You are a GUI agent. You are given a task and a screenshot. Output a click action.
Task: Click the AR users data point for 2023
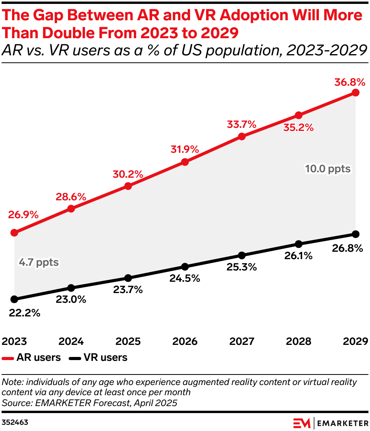[14, 233]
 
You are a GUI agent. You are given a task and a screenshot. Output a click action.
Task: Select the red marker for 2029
[355, 92]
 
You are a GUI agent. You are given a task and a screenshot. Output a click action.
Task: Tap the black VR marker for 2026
[185, 267]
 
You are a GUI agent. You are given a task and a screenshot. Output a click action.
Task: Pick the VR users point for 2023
[14, 299]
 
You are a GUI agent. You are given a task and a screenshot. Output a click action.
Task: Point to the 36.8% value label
[350, 83]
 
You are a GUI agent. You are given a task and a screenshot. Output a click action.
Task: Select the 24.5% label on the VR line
[185, 278]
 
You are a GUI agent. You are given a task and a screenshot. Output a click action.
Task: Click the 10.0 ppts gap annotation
[328, 169]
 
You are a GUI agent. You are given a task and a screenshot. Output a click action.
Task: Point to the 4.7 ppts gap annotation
[39, 262]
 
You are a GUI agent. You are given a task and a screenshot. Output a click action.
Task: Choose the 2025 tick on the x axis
[128, 341]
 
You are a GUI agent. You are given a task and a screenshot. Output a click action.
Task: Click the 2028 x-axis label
[299, 341]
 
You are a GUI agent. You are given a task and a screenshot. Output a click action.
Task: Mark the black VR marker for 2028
[299, 244]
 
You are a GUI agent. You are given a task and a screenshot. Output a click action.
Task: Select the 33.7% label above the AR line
[241, 125]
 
